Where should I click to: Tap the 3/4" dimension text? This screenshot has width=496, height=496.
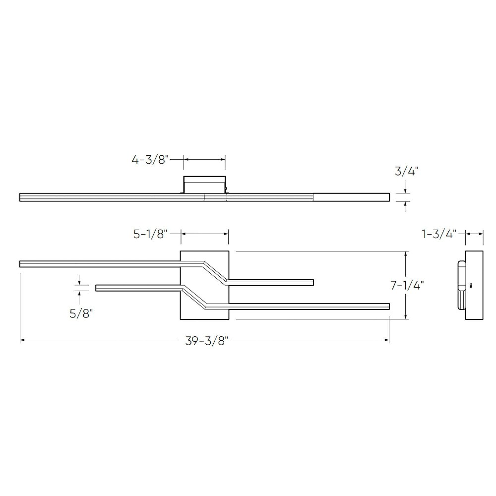(x=407, y=171)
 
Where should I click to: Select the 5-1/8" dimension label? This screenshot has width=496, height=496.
(x=150, y=234)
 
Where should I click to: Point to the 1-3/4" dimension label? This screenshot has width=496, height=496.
(x=439, y=234)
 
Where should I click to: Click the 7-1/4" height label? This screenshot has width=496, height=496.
(x=407, y=285)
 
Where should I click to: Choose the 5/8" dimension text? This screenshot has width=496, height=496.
(x=81, y=313)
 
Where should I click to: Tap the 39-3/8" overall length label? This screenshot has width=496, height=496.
(x=206, y=341)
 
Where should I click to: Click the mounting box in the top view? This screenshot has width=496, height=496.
(x=205, y=185)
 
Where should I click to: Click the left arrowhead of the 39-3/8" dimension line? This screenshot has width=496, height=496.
(x=22, y=340)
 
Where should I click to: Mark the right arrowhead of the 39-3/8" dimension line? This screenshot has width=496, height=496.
(x=386, y=340)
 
